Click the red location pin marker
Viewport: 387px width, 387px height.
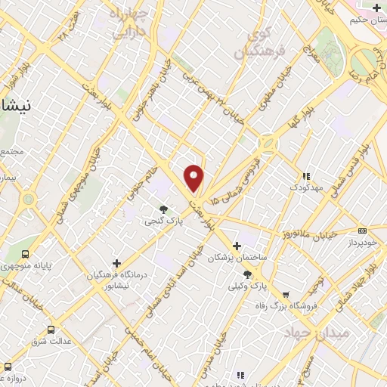point(194,177)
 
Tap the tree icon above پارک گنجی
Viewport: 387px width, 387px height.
point(164,209)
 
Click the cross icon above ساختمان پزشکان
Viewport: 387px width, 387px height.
point(237,246)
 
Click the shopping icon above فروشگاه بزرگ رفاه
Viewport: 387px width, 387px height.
point(285,295)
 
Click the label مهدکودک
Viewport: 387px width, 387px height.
point(306,186)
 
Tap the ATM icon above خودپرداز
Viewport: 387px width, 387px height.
point(363,231)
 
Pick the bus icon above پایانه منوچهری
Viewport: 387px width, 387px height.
point(26,254)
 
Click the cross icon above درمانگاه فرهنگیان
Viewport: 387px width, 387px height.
point(116,262)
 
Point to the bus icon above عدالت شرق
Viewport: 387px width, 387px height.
point(51,330)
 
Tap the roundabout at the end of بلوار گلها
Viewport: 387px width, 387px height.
point(267,142)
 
